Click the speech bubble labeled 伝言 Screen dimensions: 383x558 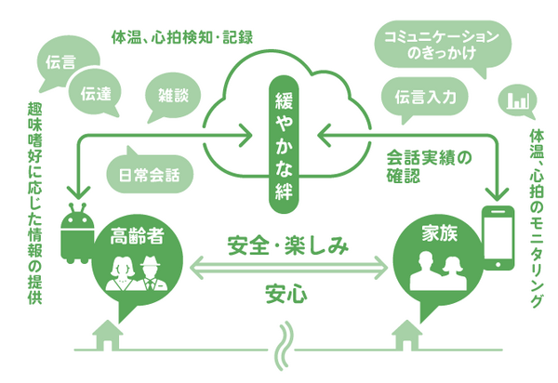click(x=60, y=64)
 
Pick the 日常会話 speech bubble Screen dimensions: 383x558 click(x=143, y=172)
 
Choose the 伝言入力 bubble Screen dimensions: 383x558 click(x=424, y=96)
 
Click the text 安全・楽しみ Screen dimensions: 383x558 click(x=288, y=246)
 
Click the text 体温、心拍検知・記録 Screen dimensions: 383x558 click(x=187, y=38)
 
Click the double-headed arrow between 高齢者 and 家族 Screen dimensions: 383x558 click(x=288, y=271)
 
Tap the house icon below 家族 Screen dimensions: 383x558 click(x=410, y=333)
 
